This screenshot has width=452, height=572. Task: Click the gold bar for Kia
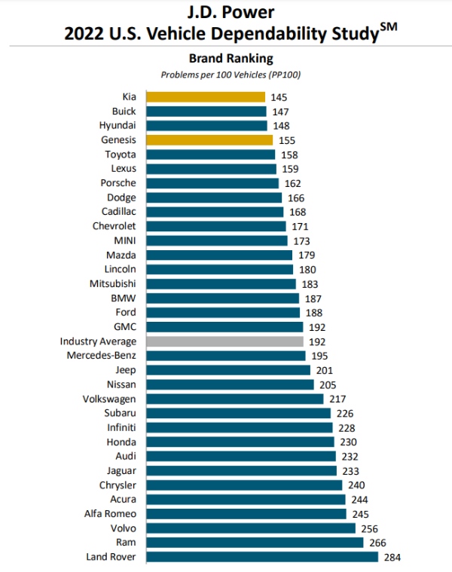(x=206, y=97)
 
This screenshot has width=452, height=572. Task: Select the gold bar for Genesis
(x=209, y=140)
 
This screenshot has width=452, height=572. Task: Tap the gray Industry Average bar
(x=224, y=341)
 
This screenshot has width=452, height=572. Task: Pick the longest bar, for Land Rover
(x=262, y=557)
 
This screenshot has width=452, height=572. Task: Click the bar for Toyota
(x=211, y=154)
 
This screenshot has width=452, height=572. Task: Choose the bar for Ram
(x=255, y=543)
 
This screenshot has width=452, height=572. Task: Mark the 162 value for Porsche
(x=292, y=183)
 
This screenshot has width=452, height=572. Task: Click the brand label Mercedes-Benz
(x=101, y=355)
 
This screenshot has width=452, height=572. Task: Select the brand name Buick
(x=124, y=112)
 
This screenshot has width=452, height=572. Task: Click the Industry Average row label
(x=98, y=341)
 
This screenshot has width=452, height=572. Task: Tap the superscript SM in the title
(x=389, y=28)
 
